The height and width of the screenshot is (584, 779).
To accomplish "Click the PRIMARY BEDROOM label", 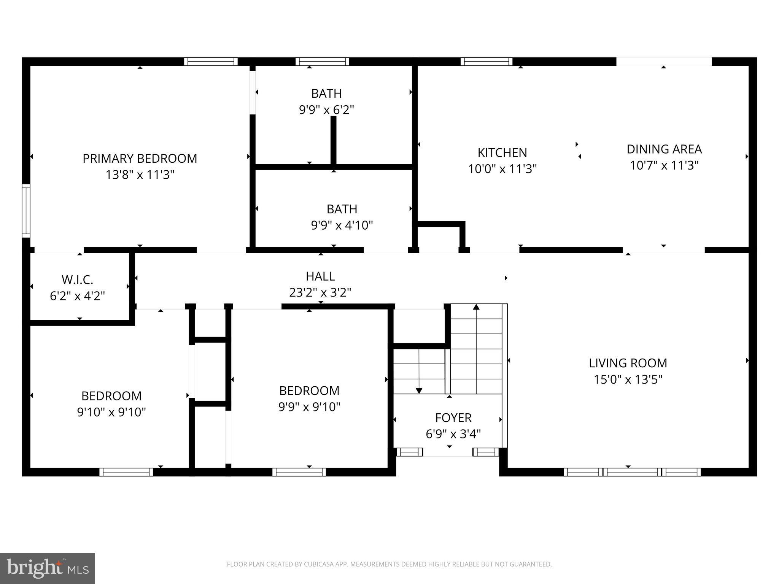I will click(x=140, y=159).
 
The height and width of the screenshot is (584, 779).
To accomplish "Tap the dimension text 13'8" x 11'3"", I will click(x=140, y=175).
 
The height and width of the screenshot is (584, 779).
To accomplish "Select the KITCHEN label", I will click(x=502, y=153).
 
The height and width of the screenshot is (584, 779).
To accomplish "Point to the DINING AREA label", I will click(x=664, y=149).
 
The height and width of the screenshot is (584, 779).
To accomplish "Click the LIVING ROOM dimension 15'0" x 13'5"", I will click(x=628, y=379).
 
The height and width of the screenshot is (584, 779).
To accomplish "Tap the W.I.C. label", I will click(x=77, y=280).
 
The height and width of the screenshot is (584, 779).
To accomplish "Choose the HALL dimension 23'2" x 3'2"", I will click(x=320, y=292).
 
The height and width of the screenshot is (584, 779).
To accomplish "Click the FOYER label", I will click(x=453, y=418).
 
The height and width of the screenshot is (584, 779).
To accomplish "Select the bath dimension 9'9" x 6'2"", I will click(x=326, y=110).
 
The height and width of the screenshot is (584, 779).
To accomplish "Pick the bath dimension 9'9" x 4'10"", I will click(x=342, y=225).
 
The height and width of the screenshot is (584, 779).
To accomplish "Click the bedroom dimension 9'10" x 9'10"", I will click(x=111, y=412).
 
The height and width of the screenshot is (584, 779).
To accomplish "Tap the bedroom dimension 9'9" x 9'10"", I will click(x=309, y=407).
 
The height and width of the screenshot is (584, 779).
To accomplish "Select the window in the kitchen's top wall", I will click(x=486, y=62).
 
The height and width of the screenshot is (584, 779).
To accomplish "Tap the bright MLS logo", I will click(x=48, y=568).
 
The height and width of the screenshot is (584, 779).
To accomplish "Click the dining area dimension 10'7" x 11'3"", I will click(x=664, y=166).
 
